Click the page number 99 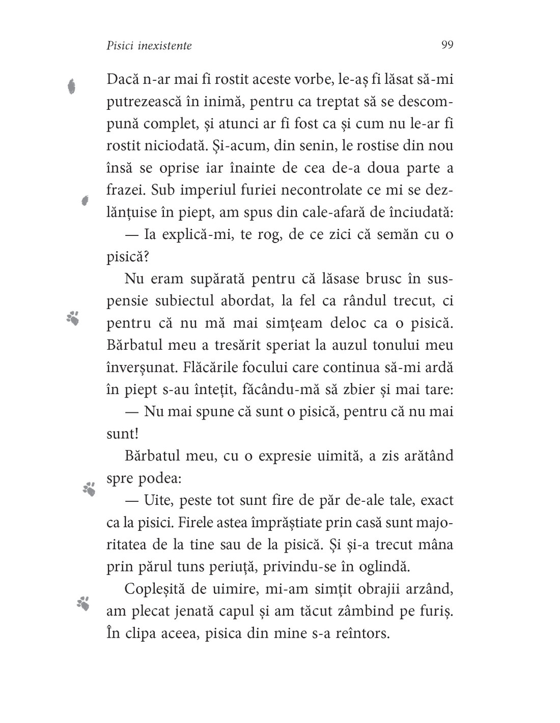(447, 45)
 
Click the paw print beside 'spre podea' (90, 489)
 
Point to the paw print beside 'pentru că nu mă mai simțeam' (73, 318)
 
